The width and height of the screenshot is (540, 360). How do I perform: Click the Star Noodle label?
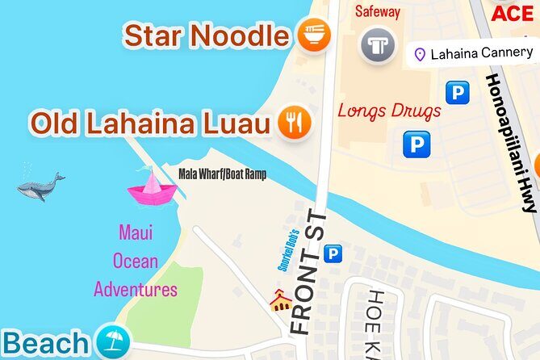[206, 36]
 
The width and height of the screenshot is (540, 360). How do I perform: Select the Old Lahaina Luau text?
[149, 123]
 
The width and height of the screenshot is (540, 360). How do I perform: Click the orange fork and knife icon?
[295, 123]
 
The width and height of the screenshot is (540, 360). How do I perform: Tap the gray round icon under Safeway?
[378, 44]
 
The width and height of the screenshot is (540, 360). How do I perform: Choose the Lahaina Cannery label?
[482, 54]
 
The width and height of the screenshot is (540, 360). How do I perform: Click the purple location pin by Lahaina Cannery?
[419, 54]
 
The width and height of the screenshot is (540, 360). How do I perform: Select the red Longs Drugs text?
[389, 111]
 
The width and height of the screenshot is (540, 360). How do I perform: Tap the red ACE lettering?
[513, 13]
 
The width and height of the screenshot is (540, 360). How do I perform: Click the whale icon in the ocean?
[40, 186]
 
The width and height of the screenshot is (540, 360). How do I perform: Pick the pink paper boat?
[151, 187]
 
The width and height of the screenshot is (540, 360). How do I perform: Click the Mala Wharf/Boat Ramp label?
[222, 174]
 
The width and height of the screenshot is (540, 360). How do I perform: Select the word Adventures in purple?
[136, 289]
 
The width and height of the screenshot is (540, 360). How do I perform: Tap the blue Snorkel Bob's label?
[283, 251]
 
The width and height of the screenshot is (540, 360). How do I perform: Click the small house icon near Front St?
[280, 302]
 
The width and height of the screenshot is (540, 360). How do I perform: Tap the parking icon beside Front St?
[332, 255]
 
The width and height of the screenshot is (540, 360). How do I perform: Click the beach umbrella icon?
[111, 342]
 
